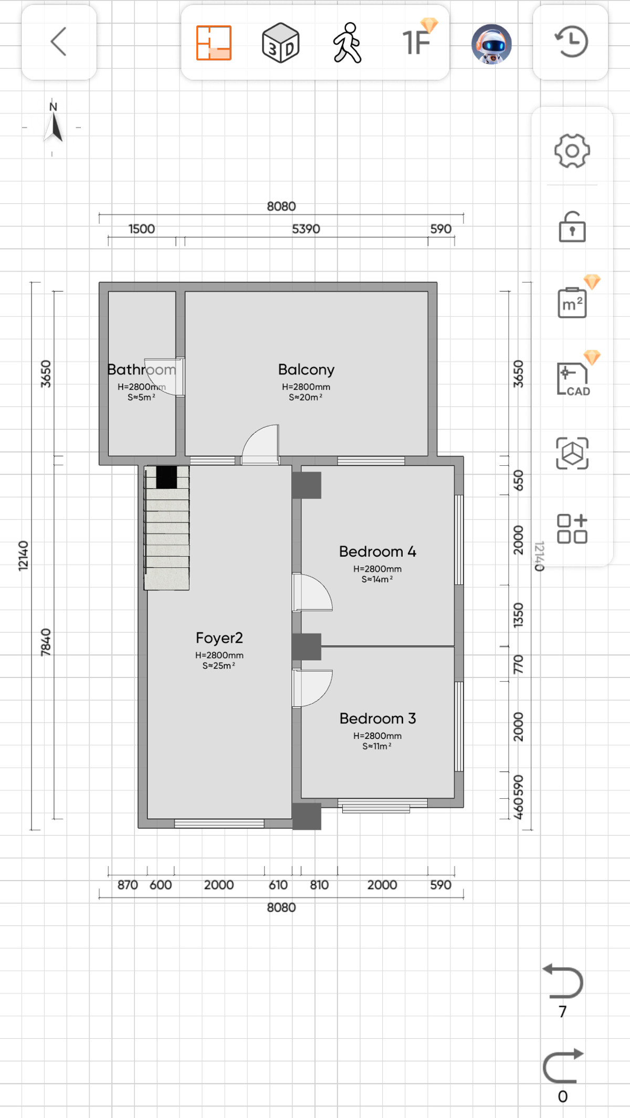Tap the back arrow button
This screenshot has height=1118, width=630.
point(58,41)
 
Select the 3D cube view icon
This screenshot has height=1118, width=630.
point(280,43)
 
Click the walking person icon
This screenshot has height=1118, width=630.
point(347,43)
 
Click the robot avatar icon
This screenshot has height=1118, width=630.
point(491,44)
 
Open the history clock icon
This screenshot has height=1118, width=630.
point(571,41)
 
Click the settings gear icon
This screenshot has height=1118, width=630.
point(572,151)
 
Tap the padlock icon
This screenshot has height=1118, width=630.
point(572,226)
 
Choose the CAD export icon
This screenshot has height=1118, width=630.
point(573,379)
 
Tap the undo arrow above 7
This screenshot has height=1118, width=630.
point(563,980)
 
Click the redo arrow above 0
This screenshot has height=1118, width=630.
point(563,1065)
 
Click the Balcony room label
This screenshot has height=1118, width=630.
point(306,370)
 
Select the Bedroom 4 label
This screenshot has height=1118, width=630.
point(377,551)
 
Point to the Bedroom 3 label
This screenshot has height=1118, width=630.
point(377,718)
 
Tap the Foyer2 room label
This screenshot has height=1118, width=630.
point(219,638)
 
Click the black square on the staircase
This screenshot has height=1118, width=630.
point(166,477)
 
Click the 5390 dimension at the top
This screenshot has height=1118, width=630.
point(306,229)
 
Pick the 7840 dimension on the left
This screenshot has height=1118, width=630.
point(46,642)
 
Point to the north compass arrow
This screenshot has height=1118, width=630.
point(54,128)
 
